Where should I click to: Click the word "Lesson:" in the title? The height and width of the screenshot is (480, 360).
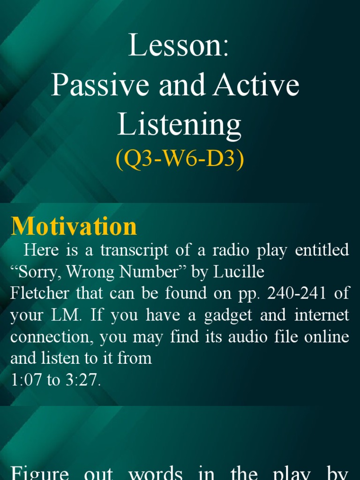pos(180,45)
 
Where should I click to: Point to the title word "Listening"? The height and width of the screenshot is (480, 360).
pos(180,125)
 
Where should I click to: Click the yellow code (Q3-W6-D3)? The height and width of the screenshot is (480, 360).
pos(180,160)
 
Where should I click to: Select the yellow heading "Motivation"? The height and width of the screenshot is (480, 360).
pos(74,226)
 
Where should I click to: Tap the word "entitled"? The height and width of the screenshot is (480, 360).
pos(322,250)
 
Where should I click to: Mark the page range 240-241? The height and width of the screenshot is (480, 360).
pos(291,293)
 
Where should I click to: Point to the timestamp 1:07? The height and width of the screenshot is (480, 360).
pos(26,380)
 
